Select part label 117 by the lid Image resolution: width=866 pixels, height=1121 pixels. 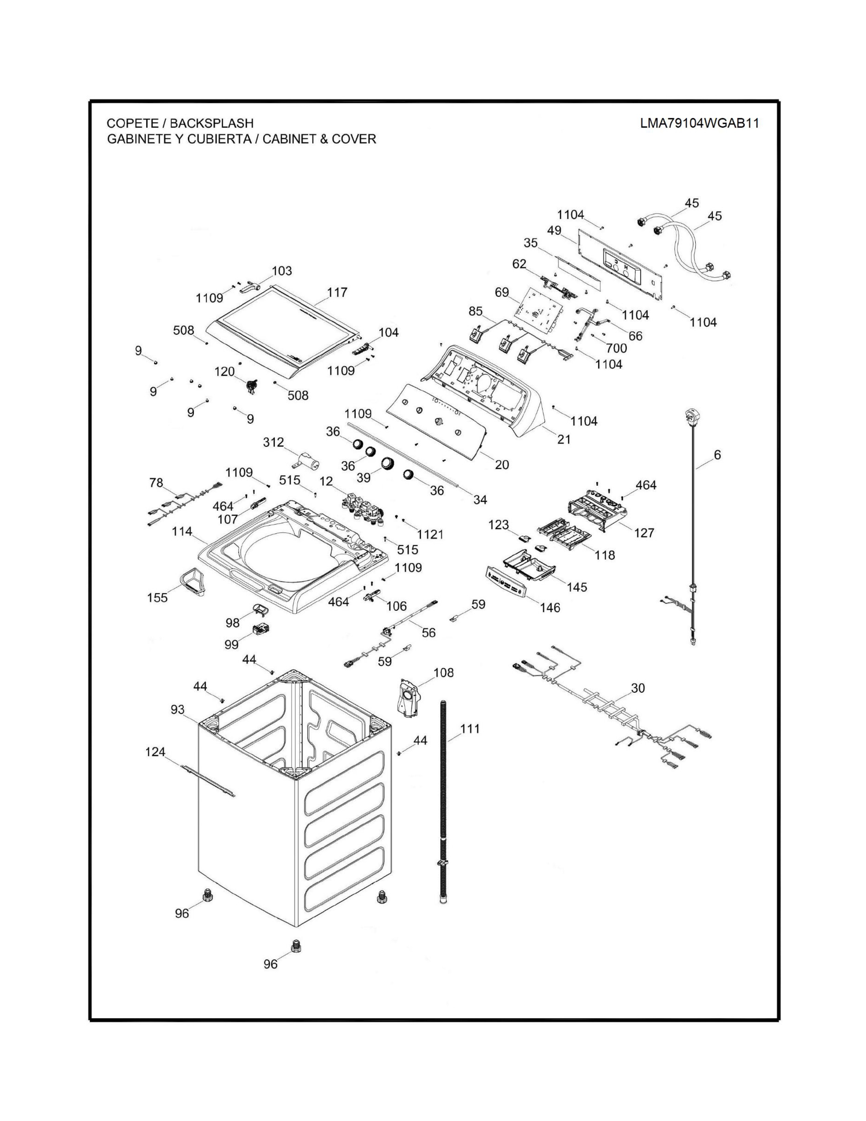337,292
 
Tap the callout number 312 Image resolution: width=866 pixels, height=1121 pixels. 273,442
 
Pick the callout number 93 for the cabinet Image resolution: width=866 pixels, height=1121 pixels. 178,709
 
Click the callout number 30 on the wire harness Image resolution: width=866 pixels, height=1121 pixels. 638,688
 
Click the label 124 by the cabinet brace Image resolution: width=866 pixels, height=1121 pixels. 155,752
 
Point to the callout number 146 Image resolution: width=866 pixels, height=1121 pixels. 549,608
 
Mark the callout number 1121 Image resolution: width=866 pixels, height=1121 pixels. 430,534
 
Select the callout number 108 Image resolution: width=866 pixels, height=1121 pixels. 444,672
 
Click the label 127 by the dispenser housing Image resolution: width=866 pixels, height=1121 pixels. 644,533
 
